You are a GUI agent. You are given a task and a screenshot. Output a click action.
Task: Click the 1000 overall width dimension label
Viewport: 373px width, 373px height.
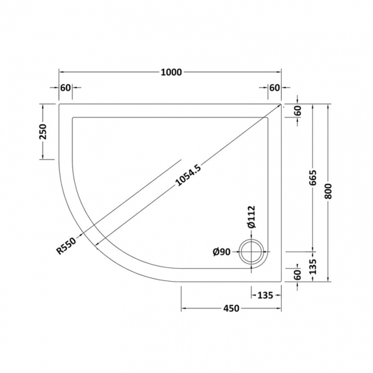(171, 72)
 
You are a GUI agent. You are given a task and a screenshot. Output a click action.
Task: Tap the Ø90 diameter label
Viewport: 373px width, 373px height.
(222, 251)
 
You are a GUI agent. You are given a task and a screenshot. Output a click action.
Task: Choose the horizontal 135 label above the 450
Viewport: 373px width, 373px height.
(263, 295)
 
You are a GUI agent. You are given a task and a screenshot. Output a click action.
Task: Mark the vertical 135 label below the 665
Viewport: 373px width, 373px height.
(312, 267)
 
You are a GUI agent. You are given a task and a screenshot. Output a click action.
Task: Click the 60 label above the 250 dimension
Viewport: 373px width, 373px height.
(65, 87)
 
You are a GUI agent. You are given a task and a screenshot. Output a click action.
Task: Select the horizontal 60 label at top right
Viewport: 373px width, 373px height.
(274, 87)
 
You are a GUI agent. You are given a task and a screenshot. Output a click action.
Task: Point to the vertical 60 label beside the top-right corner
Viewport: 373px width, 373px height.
(297, 111)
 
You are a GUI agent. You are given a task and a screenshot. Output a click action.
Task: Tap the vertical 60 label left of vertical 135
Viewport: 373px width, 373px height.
(297, 274)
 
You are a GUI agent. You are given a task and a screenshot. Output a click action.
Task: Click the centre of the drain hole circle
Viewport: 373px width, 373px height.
(252, 252)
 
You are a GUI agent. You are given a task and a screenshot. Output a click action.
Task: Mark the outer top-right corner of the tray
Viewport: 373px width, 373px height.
(281, 104)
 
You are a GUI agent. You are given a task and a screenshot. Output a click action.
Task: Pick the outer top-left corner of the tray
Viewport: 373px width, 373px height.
(59, 104)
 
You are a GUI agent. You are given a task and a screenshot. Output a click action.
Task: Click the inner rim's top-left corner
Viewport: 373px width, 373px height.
(72, 118)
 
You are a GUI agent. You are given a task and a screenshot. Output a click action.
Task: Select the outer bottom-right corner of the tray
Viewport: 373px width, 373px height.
(281, 282)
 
